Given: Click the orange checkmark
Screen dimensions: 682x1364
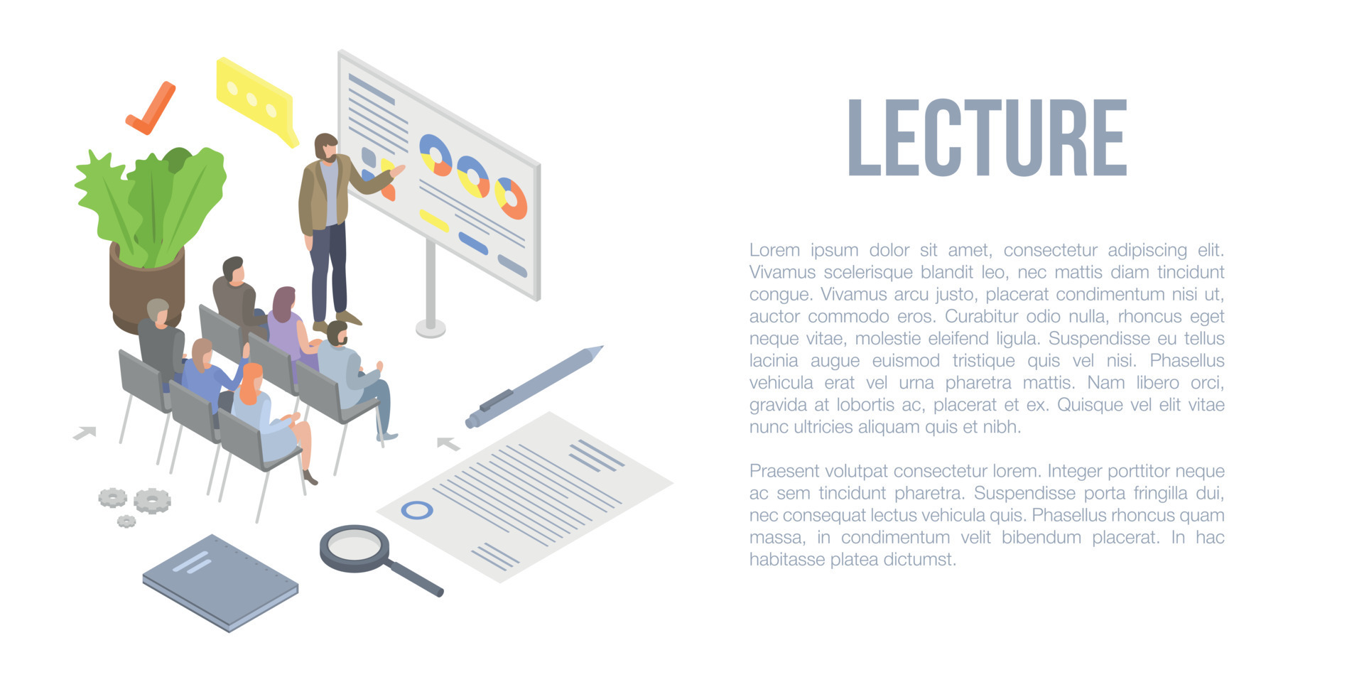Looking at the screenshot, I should point(151,111).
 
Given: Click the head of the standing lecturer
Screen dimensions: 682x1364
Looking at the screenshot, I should point(326,146).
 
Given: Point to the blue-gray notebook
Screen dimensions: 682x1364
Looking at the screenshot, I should point(220,580).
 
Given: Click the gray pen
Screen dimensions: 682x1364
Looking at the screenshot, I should point(533,387).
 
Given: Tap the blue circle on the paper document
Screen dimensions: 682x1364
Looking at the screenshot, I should point(417,510).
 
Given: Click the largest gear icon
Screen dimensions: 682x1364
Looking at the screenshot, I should point(152,501).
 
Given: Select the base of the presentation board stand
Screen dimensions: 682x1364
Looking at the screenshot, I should point(431,328).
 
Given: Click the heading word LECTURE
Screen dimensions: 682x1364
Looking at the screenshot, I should point(987,138).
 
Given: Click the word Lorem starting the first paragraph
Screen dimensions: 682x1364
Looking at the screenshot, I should point(774,250).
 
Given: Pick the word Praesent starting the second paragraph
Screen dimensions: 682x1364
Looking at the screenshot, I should point(784,471).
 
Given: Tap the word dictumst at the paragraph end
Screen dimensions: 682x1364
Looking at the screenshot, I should point(920,560).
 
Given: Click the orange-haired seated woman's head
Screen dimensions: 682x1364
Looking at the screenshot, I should point(251,379).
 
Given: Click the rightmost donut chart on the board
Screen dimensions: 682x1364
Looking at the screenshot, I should point(511,198).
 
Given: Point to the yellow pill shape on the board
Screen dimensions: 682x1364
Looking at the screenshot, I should point(433,220).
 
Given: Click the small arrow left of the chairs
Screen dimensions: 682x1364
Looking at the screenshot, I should point(85,432).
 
